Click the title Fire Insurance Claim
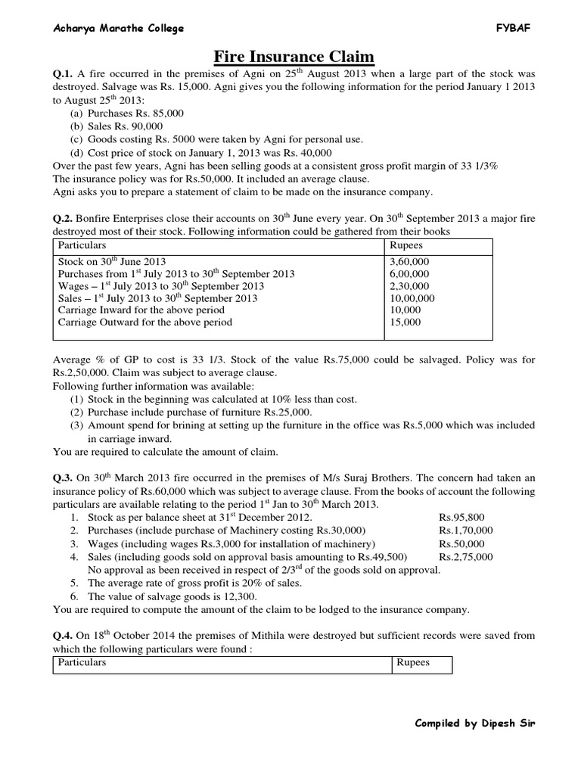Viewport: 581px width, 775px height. (x=290, y=57)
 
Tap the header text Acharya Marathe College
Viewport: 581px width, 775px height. (x=118, y=29)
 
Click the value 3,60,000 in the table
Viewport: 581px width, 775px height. (x=409, y=261)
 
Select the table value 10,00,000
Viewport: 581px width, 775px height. (x=412, y=297)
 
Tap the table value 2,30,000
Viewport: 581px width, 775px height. (x=409, y=285)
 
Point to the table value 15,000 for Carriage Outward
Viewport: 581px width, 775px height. (x=405, y=322)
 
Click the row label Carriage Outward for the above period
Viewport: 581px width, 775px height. (x=145, y=322)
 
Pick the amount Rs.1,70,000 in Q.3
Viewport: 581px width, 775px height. (x=465, y=531)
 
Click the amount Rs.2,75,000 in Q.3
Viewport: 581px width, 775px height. (x=465, y=556)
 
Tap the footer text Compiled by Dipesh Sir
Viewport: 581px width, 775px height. (x=475, y=723)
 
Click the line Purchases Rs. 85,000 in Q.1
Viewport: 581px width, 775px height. (x=126, y=113)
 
